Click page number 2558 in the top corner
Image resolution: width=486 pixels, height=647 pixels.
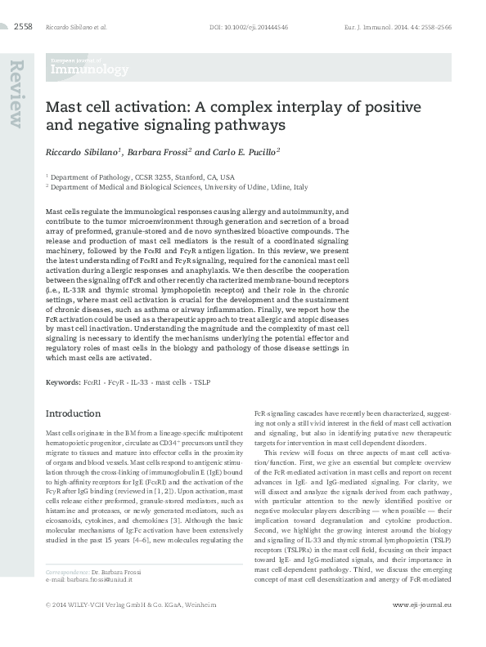(x=22, y=26)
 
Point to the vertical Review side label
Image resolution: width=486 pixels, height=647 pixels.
(x=16, y=95)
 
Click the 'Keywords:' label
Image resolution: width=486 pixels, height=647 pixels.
(x=62, y=382)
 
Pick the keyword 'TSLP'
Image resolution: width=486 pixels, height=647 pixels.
(x=201, y=382)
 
